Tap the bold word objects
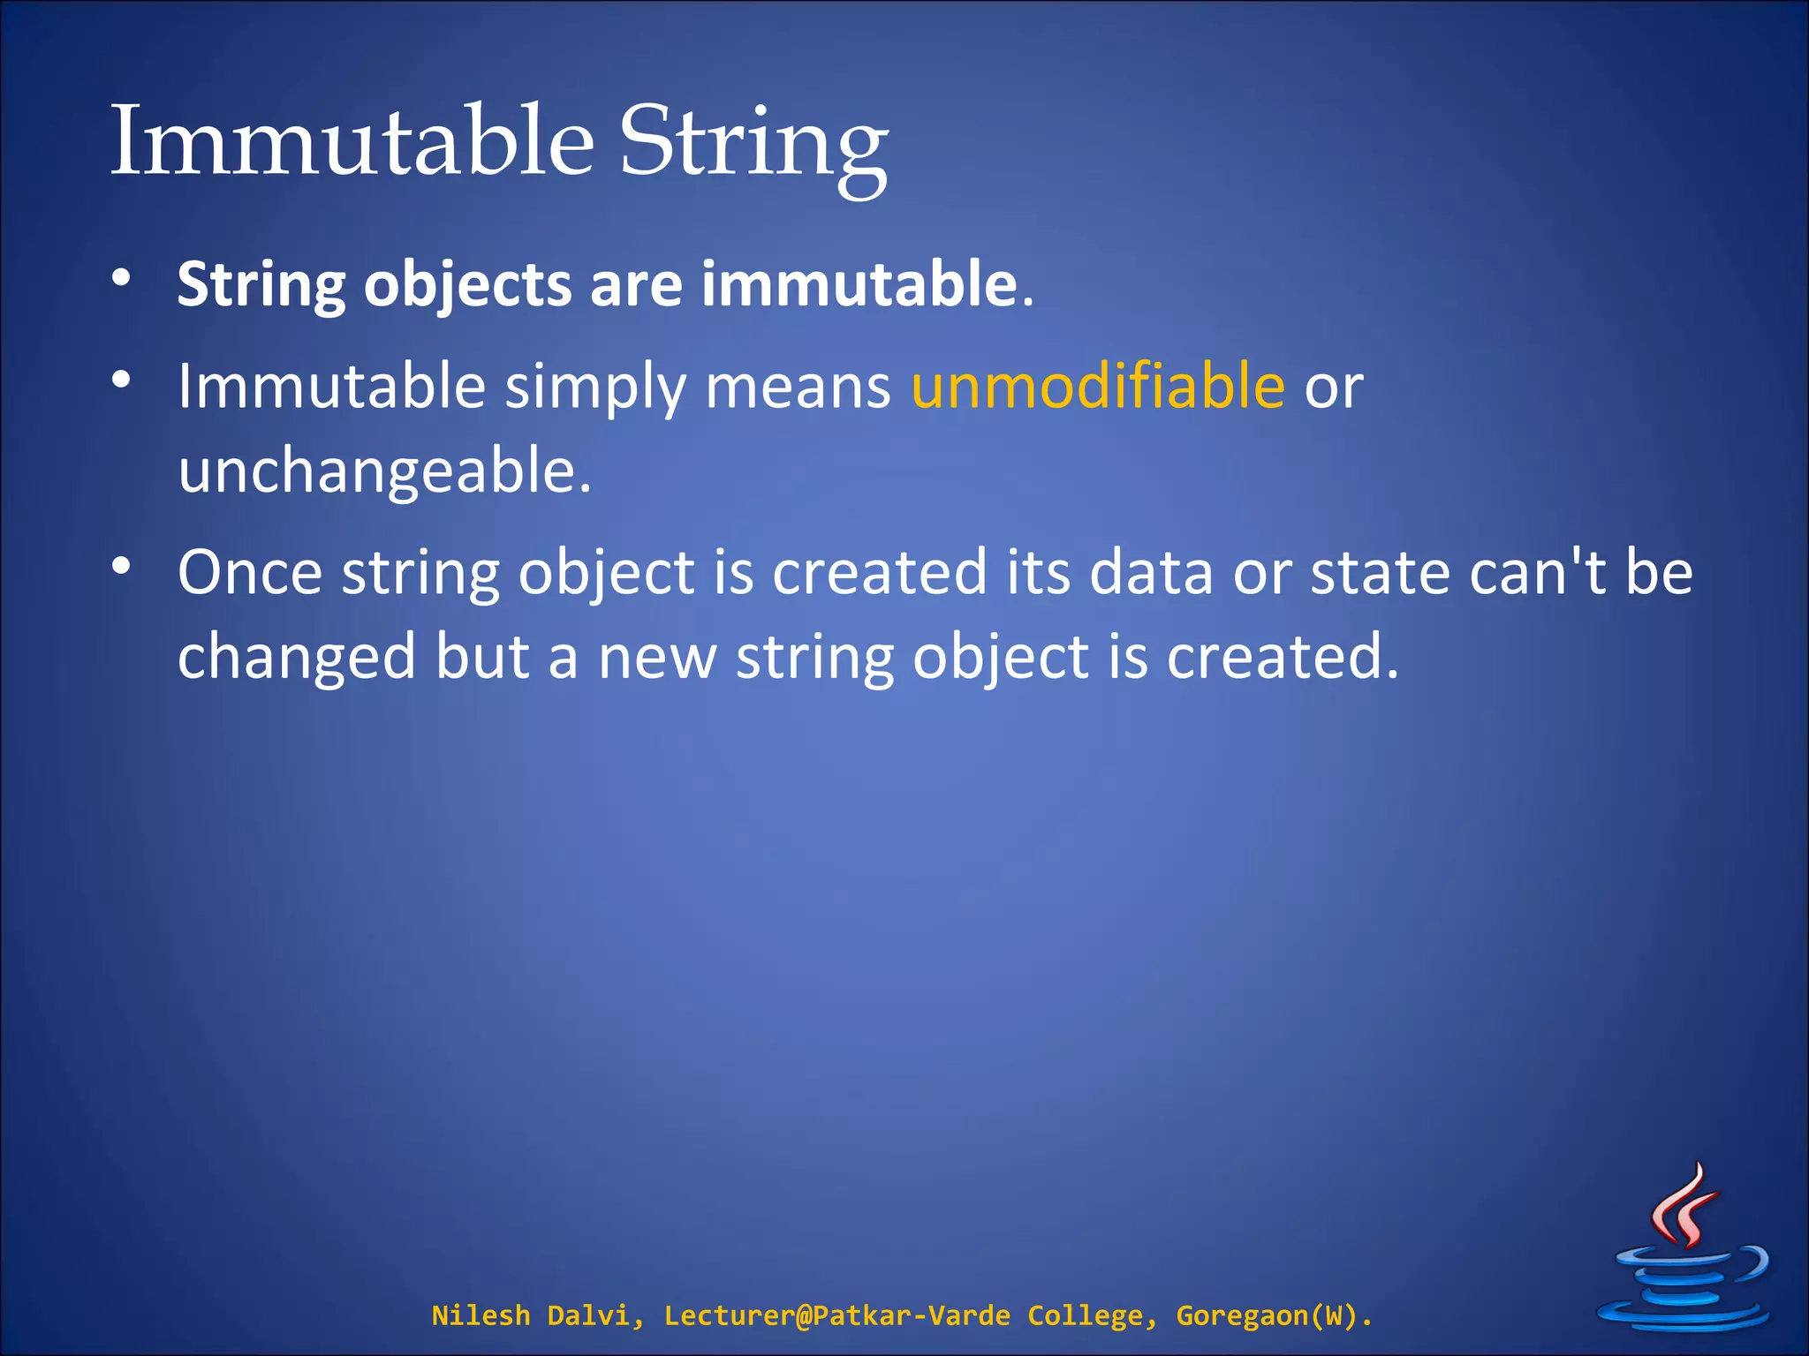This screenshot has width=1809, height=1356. click(468, 284)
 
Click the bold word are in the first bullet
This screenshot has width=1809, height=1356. click(636, 284)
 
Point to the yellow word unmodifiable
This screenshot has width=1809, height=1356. click(1098, 386)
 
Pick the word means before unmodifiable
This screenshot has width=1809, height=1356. click(798, 387)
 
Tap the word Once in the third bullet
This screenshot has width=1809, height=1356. click(250, 572)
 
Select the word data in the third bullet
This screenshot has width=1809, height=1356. click(1151, 572)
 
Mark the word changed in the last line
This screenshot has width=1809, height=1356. click(297, 658)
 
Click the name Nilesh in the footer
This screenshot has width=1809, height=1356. click(481, 1315)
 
